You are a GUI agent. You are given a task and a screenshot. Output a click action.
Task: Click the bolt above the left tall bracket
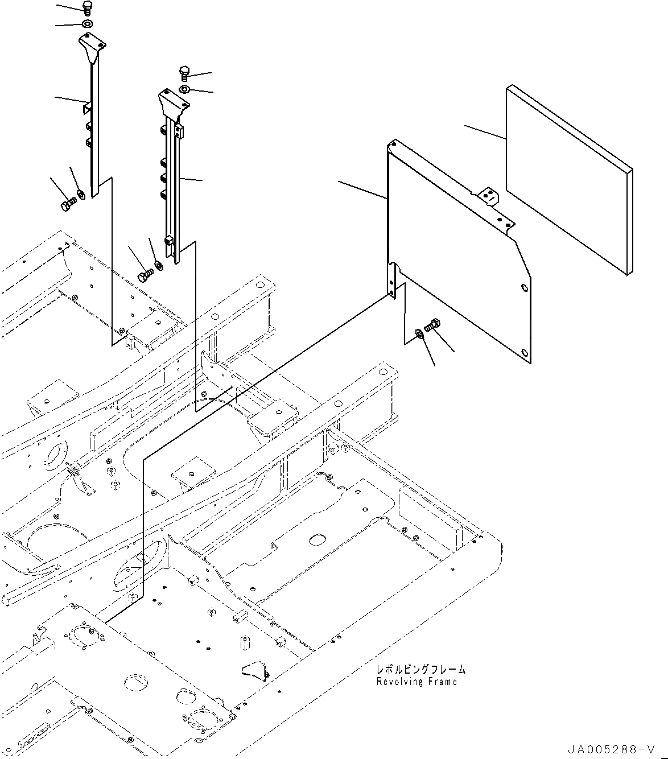pos(88,7)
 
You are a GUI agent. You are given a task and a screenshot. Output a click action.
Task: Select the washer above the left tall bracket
pos(87,24)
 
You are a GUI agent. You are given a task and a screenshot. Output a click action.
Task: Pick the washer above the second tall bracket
pos(185,90)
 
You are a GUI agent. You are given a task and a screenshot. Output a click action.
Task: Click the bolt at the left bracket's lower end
pos(67,203)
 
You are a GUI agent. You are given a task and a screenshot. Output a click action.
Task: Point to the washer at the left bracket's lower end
pos(81,194)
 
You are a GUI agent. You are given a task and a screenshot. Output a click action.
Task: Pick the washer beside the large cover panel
pos(419,332)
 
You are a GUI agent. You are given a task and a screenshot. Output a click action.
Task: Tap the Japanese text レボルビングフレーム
pos(420,670)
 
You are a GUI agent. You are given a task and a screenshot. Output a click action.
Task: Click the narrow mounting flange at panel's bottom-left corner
pos(392,280)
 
